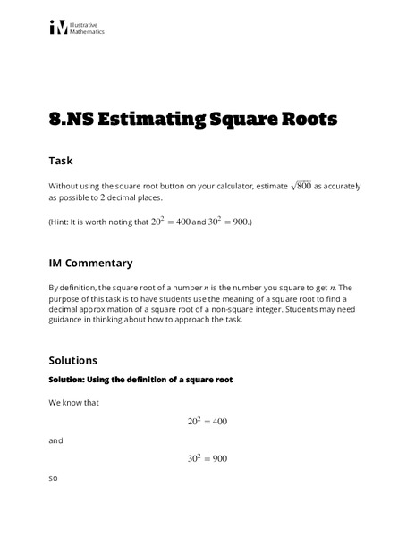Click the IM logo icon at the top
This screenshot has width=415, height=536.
(x=59, y=28)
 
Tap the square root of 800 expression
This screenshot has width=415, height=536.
(x=304, y=185)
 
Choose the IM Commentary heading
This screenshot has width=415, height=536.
(x=90, y=263)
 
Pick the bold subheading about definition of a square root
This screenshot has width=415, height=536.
(x=140, y=380)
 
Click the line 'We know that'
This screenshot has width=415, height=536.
(x=73, y=403)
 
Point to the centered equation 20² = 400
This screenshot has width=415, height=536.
(x=207, y=422)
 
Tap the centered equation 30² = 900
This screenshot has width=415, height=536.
(x=207, y=459)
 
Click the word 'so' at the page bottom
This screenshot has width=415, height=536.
(x=53, y=478)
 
